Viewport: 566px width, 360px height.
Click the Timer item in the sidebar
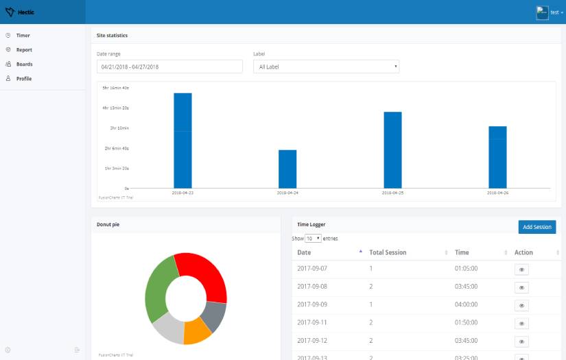23,35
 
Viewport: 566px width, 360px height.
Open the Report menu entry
24,49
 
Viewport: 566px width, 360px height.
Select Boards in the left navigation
24,64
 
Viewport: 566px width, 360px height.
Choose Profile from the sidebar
24,78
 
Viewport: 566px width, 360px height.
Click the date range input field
169,67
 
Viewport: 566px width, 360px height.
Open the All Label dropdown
326,67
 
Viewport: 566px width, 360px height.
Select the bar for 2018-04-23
182,141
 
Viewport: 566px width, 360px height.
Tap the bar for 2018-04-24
287,169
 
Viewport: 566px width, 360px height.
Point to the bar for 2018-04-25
392,149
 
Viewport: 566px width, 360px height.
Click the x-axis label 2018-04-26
497,193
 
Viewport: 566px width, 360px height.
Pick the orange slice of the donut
198,331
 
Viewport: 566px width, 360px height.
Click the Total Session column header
388,252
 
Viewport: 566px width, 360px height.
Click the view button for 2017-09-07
521,269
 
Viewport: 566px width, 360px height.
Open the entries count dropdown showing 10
314,239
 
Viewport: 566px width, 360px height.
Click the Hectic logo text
27,12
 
